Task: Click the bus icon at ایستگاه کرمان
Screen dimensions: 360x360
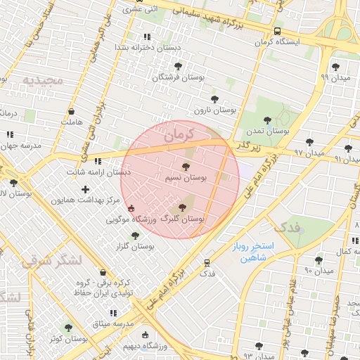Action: (x=277, y=32)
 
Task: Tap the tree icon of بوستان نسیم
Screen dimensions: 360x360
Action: (x=186, y=167)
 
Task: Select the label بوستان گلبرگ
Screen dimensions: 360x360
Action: (x=183, y=219)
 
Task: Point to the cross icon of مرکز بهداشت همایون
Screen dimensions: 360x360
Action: (x=86, y=189)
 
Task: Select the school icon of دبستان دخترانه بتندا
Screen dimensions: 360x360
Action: (x=146, y=37)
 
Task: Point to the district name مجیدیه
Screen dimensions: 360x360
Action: (x=43, y=80)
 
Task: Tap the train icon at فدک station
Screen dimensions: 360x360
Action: (x=207, y=262)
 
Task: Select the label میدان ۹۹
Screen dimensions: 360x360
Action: (x=335, y=77)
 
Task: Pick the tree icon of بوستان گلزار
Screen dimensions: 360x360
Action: (x=136, y=236)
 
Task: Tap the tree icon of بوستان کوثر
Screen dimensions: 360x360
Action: (x=68, y=327)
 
